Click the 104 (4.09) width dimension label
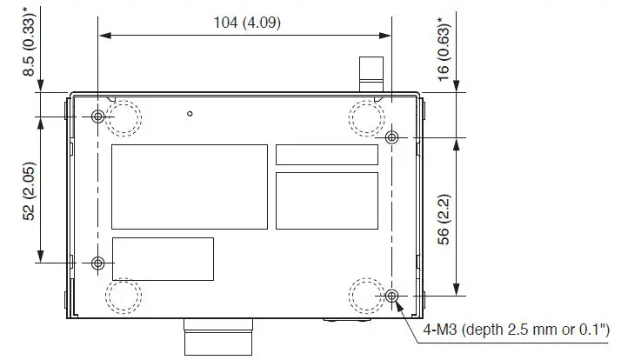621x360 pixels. [247, 22]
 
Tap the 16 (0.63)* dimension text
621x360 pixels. [445, 50]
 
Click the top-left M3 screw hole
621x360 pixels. [98, 117]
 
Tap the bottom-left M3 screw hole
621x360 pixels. [98, 263]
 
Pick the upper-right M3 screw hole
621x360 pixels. [392, 137]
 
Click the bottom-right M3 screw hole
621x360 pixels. [392, 297]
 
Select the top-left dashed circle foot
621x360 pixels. [124, 118]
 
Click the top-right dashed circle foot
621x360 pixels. [365, 116]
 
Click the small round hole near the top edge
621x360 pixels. [190, 113]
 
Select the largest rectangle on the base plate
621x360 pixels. [189, 186]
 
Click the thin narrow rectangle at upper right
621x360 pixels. [327, 155]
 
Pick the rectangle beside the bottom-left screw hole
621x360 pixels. [163, 258]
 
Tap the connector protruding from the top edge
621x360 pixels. [371, 72]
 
